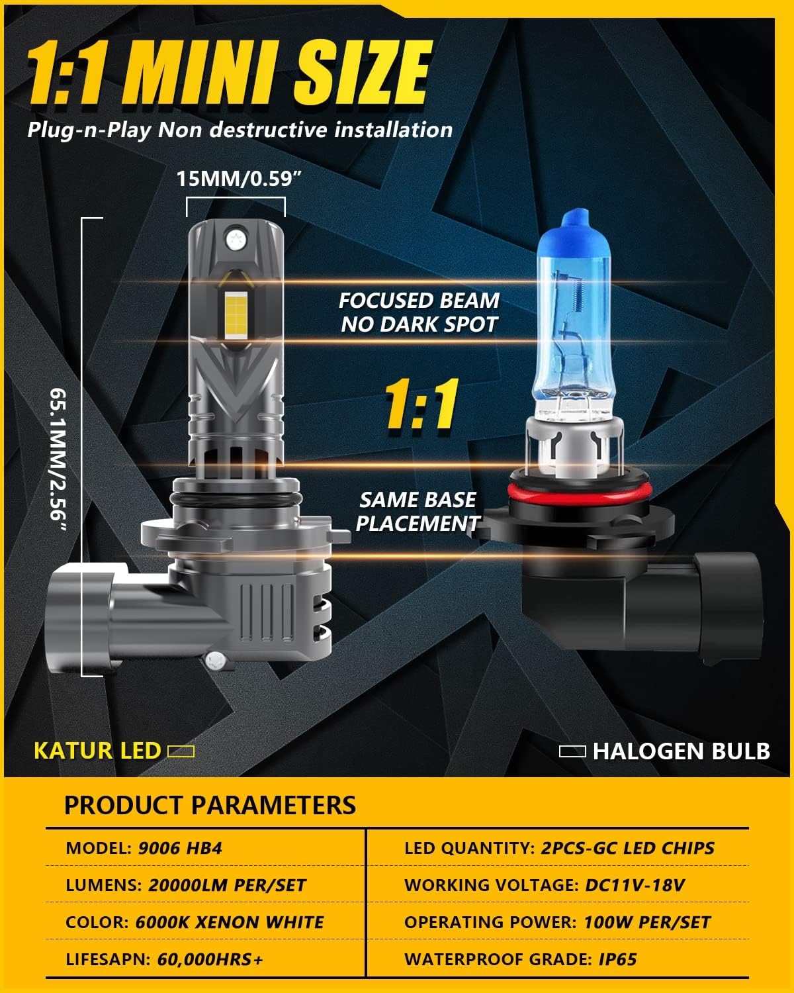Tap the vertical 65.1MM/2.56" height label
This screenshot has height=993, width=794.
tap(59, 459)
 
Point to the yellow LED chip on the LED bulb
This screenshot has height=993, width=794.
tap(236, 314)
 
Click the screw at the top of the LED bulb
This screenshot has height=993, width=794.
tap(236, 240)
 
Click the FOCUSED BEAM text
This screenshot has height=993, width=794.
tap(419, 301)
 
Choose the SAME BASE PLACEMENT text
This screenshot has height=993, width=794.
tap(418, 512)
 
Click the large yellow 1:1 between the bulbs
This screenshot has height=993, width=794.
tap(421, 404)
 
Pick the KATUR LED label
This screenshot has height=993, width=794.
tap(97, 751)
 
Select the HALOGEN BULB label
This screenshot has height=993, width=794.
tap(681, 751)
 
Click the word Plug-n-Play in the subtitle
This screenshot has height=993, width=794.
tap(89, 130)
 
